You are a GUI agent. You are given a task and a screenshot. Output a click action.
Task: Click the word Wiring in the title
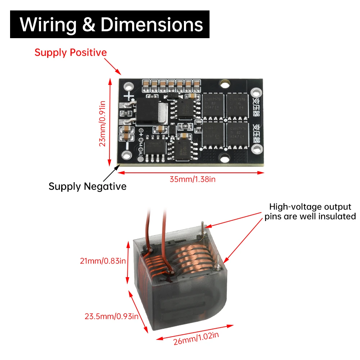(48, 24)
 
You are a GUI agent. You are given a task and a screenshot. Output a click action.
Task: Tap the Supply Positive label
(71, 53)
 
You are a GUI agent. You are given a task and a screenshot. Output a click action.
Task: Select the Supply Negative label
(87, 186)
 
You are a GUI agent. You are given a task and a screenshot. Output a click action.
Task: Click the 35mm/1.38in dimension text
(193, 179)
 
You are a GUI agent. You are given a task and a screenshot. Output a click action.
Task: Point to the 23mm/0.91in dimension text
(103, 123)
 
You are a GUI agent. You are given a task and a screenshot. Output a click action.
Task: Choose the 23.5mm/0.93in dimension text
(111, 317)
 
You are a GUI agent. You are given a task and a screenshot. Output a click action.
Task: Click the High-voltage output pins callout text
(310, 211)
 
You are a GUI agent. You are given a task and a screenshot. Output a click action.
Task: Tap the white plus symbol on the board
(129, 96)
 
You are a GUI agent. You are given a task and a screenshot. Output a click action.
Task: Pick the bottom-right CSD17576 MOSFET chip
(235, 135)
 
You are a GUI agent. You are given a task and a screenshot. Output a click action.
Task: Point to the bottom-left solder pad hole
(126, 155)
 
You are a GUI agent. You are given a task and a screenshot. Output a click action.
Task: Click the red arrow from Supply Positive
(113, 67)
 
